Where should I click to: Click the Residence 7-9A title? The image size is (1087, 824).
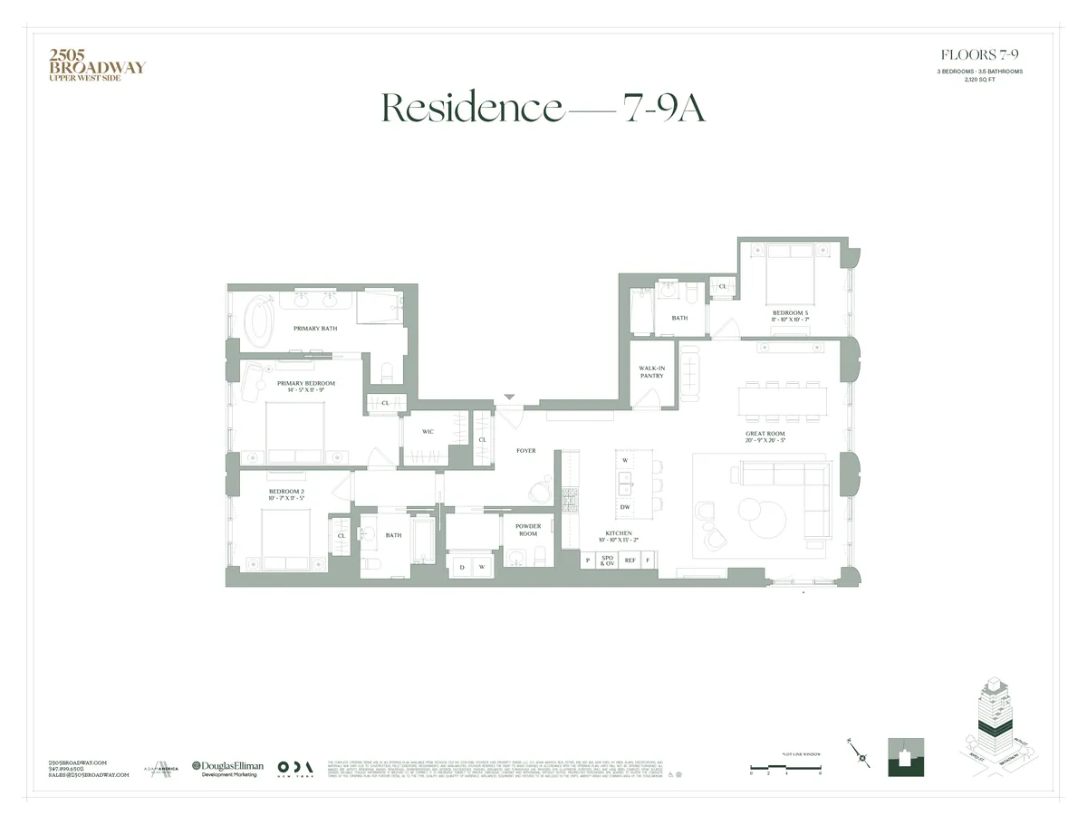tap(543, 108)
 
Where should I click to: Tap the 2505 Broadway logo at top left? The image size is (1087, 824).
tap(96, 65)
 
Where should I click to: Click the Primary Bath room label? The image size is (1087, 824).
tap(314, 329)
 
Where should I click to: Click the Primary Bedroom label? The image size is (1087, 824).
tap(305, 386)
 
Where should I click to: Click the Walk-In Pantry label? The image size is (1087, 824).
tap(651, 371)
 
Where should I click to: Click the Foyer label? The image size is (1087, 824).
tap(526, 450)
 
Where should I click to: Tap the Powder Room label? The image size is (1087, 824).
tap(528, 528)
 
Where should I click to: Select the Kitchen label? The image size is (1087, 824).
tap(620, 536)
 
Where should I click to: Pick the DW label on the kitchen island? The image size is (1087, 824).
tap(625, 507)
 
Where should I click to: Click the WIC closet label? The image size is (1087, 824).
tap(428, 432)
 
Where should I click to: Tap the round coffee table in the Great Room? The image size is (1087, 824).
tap(759, 513)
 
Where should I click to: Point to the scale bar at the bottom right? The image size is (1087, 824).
tap(785, 769)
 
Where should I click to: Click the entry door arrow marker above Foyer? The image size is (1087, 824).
tap(509, 397)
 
